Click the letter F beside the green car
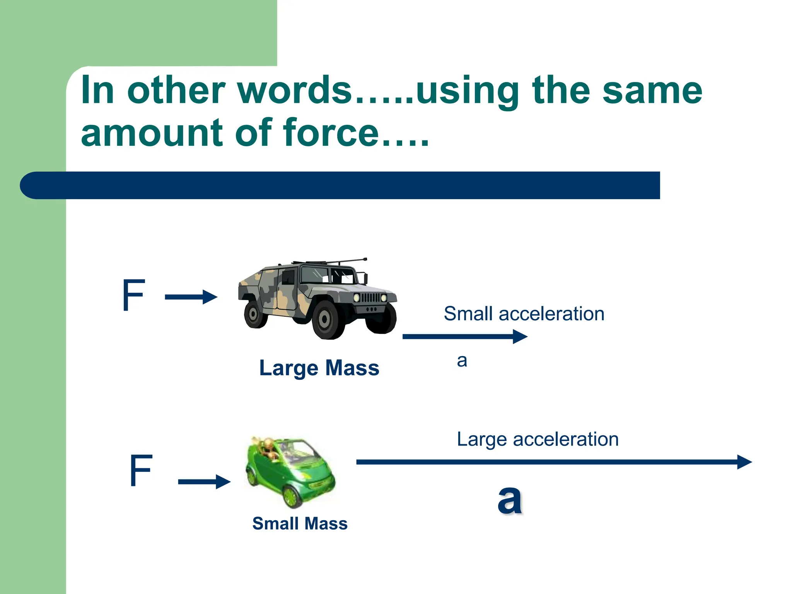tap(141, 470)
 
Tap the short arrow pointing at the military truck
tap(191, 297)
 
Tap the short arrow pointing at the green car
tap(204, 481)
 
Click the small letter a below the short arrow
tap(462, 361)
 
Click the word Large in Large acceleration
tap(481, 440)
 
